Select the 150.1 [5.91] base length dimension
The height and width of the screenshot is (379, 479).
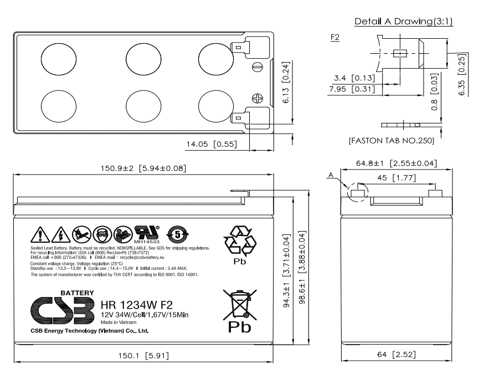135,355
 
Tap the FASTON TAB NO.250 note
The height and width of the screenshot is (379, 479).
391,141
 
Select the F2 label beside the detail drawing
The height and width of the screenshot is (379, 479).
334,37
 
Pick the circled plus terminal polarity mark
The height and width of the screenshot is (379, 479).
256,98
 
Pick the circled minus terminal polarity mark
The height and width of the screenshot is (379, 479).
256,67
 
